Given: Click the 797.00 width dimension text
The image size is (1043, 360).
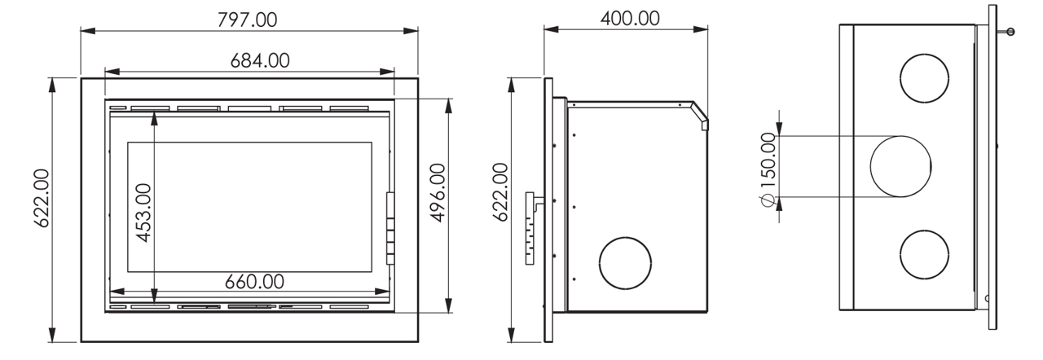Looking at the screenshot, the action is tap(247, 20).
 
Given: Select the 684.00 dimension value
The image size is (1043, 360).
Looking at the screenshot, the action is tap(260, 60).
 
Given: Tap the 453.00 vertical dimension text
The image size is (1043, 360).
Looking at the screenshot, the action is tap(144, 213).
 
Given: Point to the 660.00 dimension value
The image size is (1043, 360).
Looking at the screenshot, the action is tap(254, 281).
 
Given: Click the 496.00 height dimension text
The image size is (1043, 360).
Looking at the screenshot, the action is tap(438, 192).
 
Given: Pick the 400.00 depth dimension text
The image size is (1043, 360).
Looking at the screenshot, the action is tap(630, 19).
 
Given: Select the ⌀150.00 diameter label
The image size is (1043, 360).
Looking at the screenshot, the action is tap(768, 169).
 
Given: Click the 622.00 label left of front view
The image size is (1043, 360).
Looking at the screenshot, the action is tap(42, 198).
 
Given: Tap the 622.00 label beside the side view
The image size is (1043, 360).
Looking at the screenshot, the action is tap(500, 192).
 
